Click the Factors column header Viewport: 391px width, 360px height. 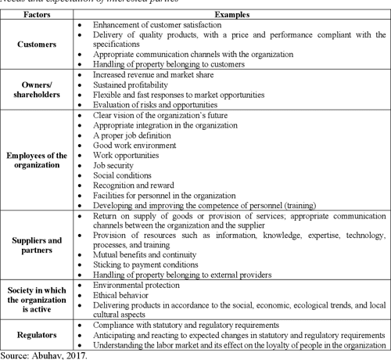pyautogui.click(x=38, y=15)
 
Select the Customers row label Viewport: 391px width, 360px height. pyautogui.click(x=38, y=45)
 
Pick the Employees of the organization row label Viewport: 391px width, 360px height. pyautogui.click(x=38, y=160)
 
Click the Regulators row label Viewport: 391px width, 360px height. pyautogui.click(x=38, y=334)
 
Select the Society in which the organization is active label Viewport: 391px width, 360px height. pyautogui.click(x=38, y=301)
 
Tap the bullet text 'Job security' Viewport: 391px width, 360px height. pyautogui.click(x=114, y=166)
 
